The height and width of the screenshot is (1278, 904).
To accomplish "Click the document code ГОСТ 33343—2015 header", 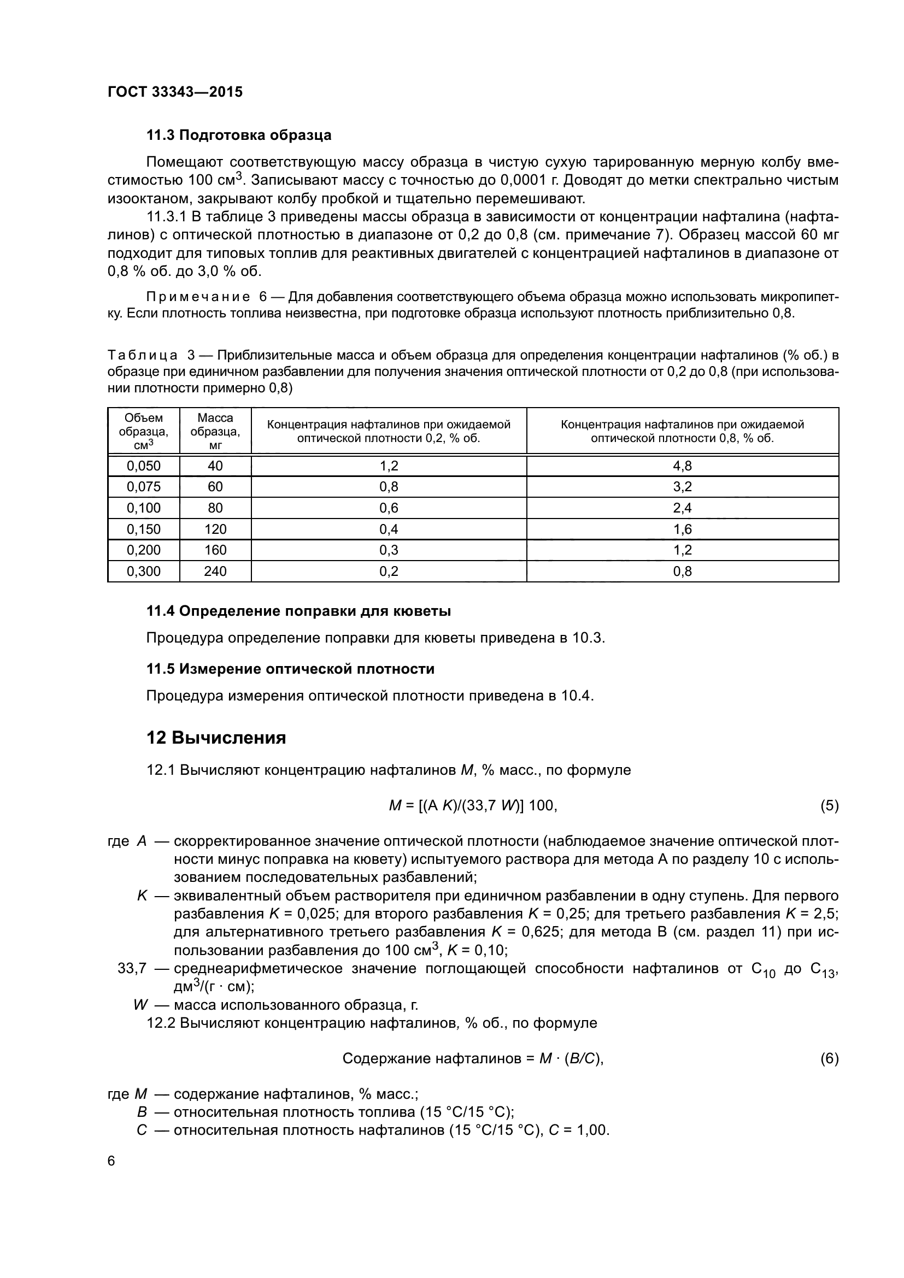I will tap(175, 92).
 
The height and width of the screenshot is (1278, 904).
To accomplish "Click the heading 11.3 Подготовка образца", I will tap(239, 136).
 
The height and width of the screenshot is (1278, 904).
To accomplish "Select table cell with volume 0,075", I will tap(144, 486).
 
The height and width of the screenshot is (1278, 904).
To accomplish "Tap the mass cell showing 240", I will tap(215, 571).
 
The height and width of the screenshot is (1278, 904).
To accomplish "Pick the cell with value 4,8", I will tap(682, 466).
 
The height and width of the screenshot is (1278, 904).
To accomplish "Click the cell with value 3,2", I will tap(682, 486).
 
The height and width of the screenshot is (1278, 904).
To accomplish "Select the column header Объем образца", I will tap(144, 431).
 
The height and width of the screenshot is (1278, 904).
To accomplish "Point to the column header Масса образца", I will tap(215, 431).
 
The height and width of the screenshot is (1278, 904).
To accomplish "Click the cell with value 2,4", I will tap(682, 508).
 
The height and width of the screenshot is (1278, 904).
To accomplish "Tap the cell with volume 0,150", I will tap(144, 529).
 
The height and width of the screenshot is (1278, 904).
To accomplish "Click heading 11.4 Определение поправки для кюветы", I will tap(298, 611).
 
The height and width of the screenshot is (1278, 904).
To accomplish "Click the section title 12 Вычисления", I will tap(216, 738).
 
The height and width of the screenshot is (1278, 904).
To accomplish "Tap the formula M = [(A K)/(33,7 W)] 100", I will tap(473, 805).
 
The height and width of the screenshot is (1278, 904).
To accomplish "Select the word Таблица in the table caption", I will tap(143, 356).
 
